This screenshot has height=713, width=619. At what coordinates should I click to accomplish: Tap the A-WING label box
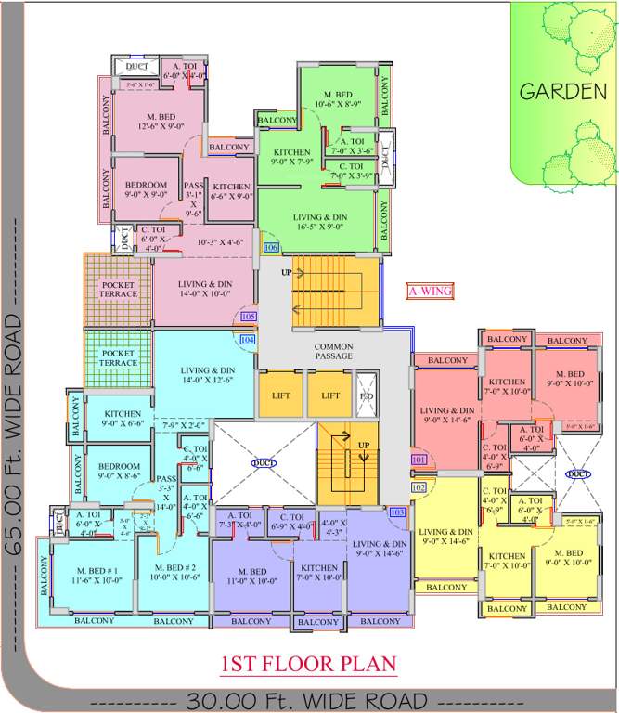pos(430,291)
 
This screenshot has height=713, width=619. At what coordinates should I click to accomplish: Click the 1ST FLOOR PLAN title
pos(309,664)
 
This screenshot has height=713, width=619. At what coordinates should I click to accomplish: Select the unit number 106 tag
pos(271,248)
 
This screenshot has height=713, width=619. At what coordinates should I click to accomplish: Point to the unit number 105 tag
pos(248,317)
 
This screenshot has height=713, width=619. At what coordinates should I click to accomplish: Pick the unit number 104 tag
pos(247,340)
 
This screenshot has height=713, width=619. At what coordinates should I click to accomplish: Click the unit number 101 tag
pos(419,460)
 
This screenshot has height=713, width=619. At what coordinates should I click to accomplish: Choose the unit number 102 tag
pos(419,487)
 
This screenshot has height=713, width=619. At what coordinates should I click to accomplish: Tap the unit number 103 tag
pos(398,512)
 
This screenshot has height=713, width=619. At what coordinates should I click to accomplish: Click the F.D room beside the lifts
pos(368,395)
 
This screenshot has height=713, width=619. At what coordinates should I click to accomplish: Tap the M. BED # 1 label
pos(86,567)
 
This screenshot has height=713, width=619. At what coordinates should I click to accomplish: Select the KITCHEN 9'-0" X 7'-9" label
pos(291,157)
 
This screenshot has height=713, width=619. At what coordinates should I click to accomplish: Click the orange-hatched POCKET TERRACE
pos(119,289)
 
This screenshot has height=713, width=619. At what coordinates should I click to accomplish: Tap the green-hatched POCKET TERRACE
pos(118,357)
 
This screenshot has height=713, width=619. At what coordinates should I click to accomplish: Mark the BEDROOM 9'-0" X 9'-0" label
pos(147,189)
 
